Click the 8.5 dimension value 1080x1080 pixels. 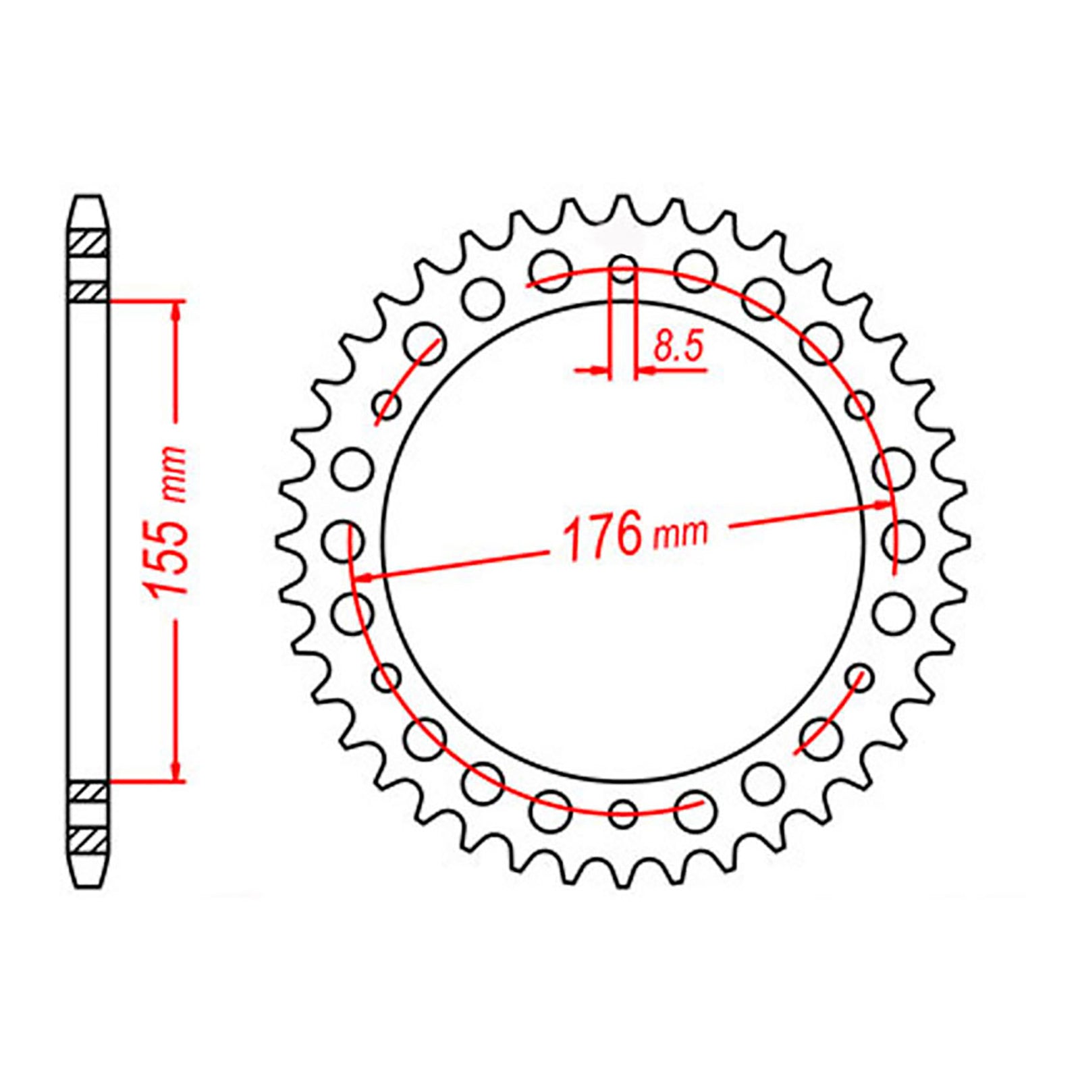678,347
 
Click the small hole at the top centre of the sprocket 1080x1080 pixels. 623,268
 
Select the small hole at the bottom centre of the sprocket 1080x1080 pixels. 623,812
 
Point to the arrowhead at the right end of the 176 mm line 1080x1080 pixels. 881,504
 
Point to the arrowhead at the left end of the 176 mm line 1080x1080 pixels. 365,577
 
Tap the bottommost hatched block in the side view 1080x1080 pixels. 88,841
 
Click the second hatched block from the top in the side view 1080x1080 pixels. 88,292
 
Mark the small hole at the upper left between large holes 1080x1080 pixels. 387,406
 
